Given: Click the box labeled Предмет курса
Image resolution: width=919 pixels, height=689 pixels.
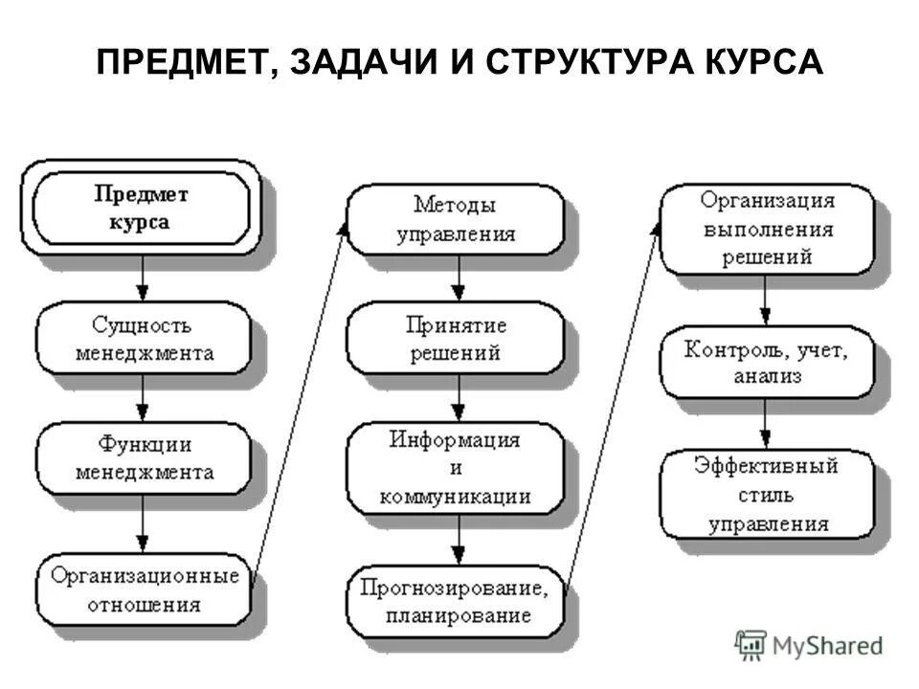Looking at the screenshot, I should pyautogui.click(x=142, y=208).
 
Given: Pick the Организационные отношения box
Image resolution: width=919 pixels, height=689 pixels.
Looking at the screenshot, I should pyautogui.click(x=144, y=589).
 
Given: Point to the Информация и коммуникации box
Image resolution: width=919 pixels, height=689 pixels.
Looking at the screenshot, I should pyautogui.click(x=455, y=469).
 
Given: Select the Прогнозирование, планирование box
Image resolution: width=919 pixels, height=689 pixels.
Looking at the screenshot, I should pyautogui.click(x=455, y=600).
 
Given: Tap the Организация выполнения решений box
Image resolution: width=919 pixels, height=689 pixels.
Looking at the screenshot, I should pyautogui.click(x=767, y=230).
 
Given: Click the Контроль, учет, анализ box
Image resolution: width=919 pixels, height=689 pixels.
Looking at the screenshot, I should pyautogui.click(x=767, y=363).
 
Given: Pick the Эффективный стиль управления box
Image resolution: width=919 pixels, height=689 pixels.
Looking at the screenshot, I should pyautogui.click(x=767, y=495).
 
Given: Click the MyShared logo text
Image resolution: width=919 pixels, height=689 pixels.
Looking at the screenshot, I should pyautogui.click(x=823, y=646).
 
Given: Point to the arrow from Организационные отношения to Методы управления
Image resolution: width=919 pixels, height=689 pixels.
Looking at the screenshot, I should pyautogui.click(x=302, y=392).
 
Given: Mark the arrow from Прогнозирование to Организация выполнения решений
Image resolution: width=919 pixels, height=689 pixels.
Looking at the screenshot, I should pyautogui.click(x=613, y=402).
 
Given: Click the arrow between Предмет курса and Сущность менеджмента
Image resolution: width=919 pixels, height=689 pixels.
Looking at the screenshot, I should pyautogui.click(x=142, y=278).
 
